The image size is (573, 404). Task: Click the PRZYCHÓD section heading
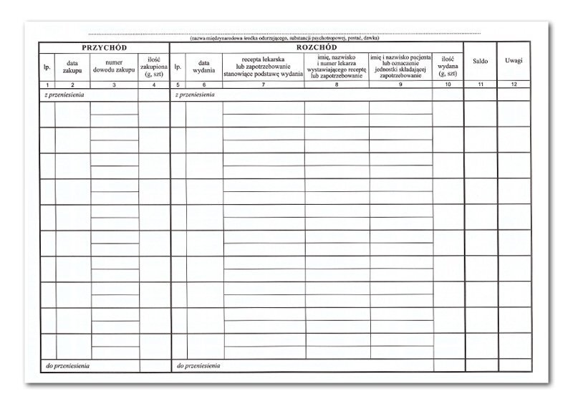click(x=105, y=47)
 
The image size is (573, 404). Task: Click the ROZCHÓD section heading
click(x=315, y=47)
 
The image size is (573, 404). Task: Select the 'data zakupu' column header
click(x=72, y=67)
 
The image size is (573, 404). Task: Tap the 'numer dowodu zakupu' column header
click(x=115, y=67)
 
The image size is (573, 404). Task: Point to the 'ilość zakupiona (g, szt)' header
click(x=153, y=67)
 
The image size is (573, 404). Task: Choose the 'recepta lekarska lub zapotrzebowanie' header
click(x=264, y=66)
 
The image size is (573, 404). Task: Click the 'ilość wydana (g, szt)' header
click(x=448, y=67)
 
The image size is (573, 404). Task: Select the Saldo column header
click(x=480, y=62)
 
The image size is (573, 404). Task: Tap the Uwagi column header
click(x=514, y=60)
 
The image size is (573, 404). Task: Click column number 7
click(x=264, y=85)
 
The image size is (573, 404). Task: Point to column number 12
click(x=514, y=85)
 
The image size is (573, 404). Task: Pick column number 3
click(x=115, y=85)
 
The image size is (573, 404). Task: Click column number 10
click(x=448, y=85)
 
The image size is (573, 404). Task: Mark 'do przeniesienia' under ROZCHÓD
click(x=198, y=366)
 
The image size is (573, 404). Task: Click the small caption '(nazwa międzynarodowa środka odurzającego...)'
click(x=284, y=38)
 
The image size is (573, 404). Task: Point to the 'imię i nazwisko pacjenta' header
click(x=400, y=66)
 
